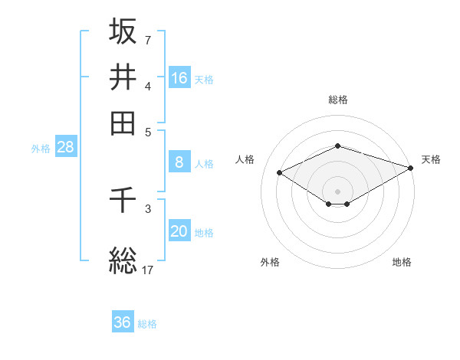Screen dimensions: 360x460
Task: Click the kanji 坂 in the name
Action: click(x=123, y=31)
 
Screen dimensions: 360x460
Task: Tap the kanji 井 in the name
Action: click(x=123, y=77)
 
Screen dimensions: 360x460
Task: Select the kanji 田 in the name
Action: click(x=123, y=123)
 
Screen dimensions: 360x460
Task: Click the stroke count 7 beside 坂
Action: click(x=148, y=40)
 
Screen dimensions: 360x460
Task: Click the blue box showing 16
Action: click(x=179, y=77)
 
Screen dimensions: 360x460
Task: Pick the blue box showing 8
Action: click(x=179, y=162)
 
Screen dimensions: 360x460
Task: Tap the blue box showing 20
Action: click(x=179, y=232)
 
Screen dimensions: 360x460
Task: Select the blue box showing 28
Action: click(x=65, y=148)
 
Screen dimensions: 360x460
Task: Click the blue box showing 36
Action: click(x=123, y=322)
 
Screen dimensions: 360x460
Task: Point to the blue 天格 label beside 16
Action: click(x=204, y=79)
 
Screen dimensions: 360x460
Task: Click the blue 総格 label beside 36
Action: click(x=147, y=324)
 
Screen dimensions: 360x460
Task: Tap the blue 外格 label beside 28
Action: click(x=41, y=149)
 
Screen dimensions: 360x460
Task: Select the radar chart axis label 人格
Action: click(x=245, y=159)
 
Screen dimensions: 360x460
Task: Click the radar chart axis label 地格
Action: click(x=402, y=262)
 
